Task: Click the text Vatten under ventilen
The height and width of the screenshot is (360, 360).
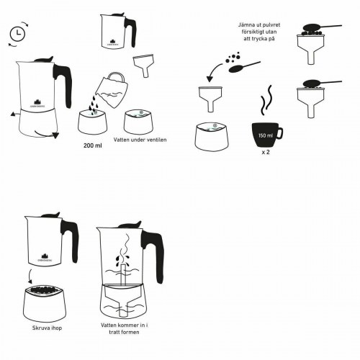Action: pos(140,139)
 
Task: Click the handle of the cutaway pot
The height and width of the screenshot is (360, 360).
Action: pos(151,249)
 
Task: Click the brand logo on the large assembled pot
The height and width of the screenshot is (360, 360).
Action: pos(36,100)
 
